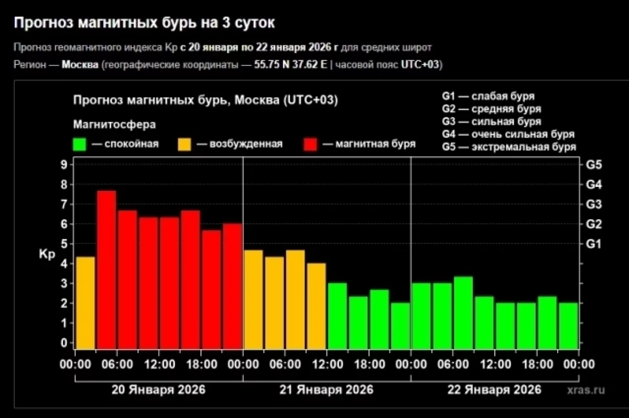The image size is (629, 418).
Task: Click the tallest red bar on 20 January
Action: pyautogui.click(x=106, y=270)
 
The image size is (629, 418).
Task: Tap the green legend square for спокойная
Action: pyautogui.click(x=79, y=144)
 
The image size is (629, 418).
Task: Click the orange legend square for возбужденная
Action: pyautogui.click(x=185, y=144)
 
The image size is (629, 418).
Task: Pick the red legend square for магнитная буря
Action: pyautogui.click(x=310, y=144)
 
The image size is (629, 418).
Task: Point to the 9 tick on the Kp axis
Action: pyautogui.click(x=64, y=165)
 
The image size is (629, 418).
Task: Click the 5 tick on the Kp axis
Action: pyautogui.click(x=64, y=244)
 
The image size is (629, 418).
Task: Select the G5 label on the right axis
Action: pyautogui.click(x=594, y=165)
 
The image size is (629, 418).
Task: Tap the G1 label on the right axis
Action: pyautogui.click(x=594, y=244)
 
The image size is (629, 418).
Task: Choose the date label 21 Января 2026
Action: pyautogui.click(x=327, y=390)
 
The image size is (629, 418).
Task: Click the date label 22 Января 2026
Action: pyautogui.click(x=494, y=390)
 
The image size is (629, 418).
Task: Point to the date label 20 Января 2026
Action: pyautogui.click(x=159, y=390)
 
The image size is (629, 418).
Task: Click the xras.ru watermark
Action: pyautogui.click(x=585, y=390)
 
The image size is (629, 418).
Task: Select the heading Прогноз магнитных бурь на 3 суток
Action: pyautogui.click(x=144, y=23)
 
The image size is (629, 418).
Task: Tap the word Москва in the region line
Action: pyautogui.click(x=80, y=65)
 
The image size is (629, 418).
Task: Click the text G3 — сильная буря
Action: pyautogui.click(x=491, y=122)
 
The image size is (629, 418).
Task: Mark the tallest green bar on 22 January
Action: pyautogui.click(x=463, y=313)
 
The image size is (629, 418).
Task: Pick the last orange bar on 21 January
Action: pyautogui.click(x=316, y=306)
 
